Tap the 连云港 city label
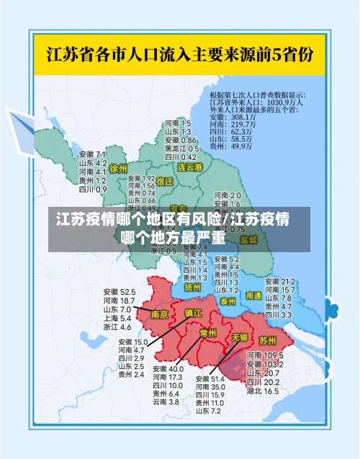point(190,167)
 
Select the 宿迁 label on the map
point(165,182)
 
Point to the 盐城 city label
point(248,239)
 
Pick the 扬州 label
point(192,287)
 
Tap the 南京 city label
point(160,314)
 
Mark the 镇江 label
point(194,313)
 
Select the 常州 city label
point(208,333)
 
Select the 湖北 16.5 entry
point(262,391)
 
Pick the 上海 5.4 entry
point(117,318)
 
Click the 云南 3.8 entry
point(166,401)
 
